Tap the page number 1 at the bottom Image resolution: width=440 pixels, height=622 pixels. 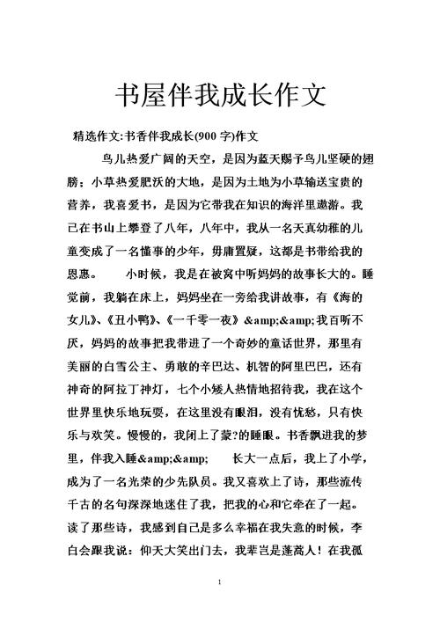[x=219, y=582]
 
